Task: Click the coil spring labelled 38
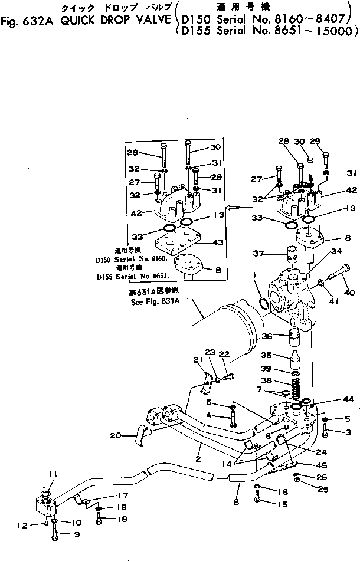[297, 386]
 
